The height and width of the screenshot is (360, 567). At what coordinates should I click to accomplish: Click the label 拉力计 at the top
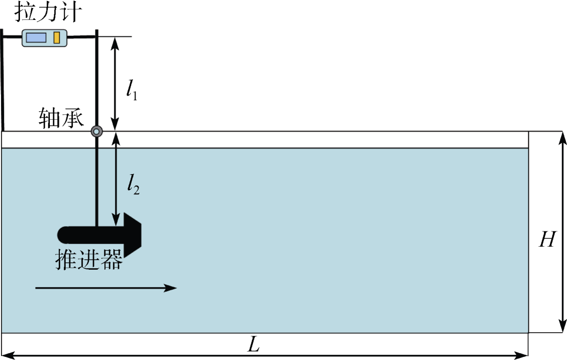pyautogui.click(x=47, y=12)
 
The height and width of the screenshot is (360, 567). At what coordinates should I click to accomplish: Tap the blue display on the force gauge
pyautogui.click(x=37, y=38)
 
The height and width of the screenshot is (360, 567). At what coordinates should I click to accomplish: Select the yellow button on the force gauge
pyautogui.click(x=56, y=38)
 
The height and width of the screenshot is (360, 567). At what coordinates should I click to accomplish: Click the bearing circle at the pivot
pyautogui.click(x=97, y=131)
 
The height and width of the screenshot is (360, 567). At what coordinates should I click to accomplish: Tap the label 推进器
pyautogui.click(x=89, y=259)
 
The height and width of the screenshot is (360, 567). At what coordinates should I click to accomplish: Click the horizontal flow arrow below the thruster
pyautogui.click(x=105, y=288)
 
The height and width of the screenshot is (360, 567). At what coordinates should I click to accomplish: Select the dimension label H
pyautogui.click(x=547, y=240)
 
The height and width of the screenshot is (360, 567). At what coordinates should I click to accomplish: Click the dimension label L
pyautogui.click(x=255, y=344)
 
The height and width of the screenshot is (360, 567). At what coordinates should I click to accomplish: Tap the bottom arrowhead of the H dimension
pyautogui.click(x=562, y=327)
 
